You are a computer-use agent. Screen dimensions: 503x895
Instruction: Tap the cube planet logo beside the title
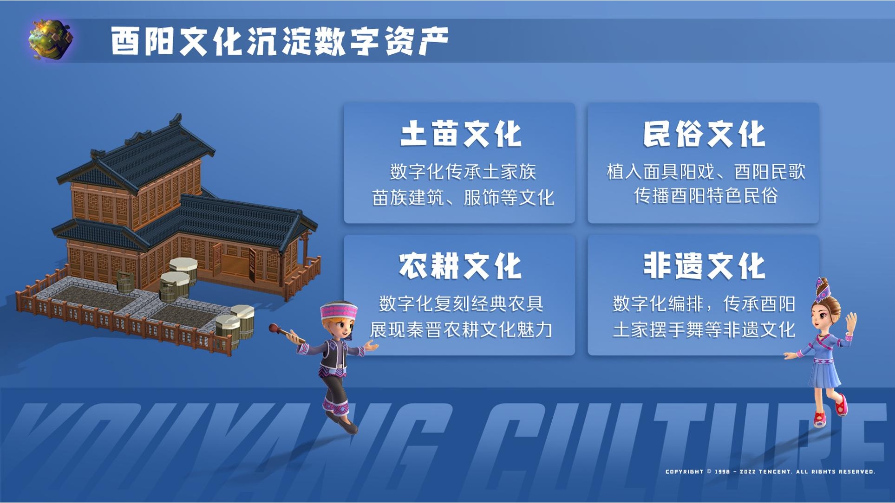point(50,40)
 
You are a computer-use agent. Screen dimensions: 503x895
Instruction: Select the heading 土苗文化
point(460,134)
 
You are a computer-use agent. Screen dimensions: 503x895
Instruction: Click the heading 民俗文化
point(704,134)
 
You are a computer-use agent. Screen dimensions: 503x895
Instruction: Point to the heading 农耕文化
point(460,266)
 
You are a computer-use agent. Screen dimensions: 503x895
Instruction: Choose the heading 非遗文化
point(704,266)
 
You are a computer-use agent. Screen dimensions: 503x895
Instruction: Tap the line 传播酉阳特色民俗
point(706,196)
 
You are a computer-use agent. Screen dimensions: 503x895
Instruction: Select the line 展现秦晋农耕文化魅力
point(461,330)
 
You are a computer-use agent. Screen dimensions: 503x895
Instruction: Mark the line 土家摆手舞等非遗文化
point(704,330)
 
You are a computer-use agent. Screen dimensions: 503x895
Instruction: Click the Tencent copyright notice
point(770,471)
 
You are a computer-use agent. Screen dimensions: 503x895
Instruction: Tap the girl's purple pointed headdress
point(823,290)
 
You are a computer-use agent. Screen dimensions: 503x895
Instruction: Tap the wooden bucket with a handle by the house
point(124,281)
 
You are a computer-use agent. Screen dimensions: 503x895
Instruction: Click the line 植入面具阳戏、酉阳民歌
point(706,172)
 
